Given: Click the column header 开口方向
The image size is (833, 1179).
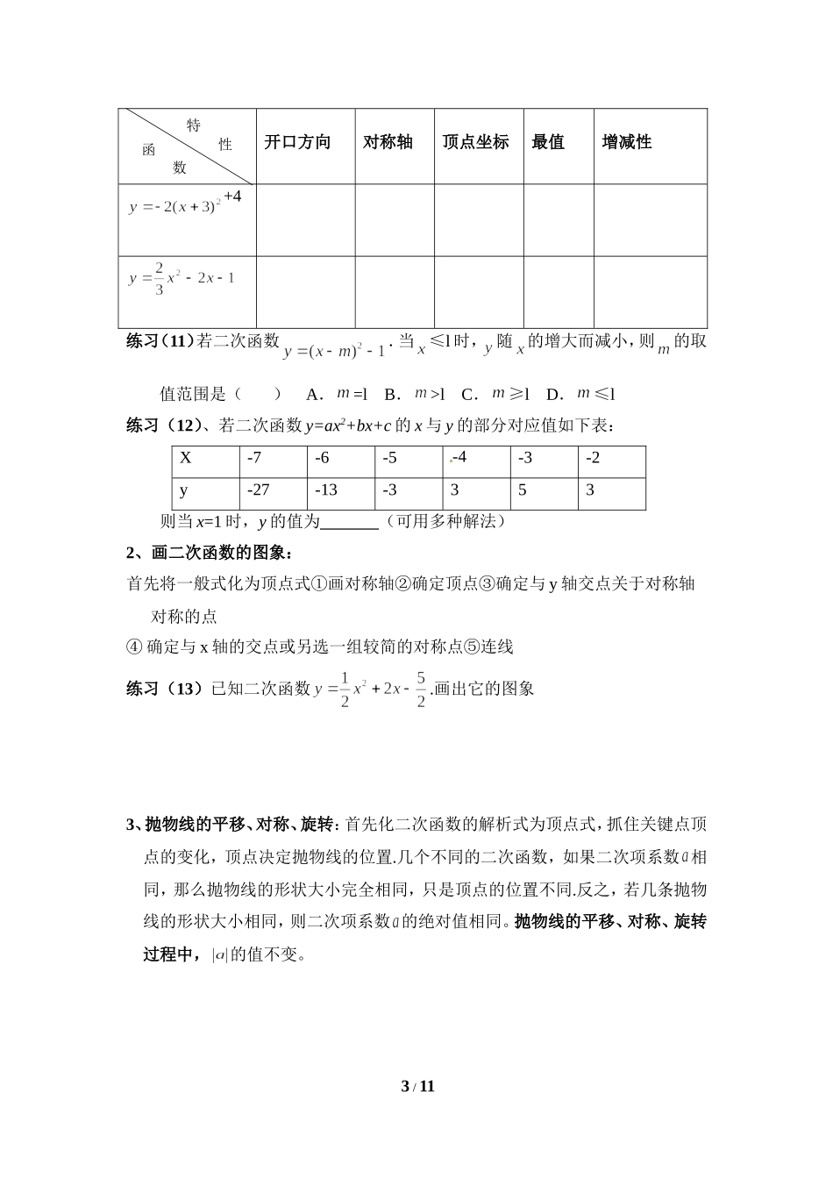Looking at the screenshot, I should coord(297,142).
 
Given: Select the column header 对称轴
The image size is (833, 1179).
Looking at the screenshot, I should coord(388,142).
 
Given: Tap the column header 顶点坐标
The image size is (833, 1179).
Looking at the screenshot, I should coord(475,142).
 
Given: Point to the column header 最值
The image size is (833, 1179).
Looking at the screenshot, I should coord(548,142).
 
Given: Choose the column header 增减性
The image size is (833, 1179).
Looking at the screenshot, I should coord(627,142).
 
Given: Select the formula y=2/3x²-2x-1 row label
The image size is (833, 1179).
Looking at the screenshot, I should coord(182,278).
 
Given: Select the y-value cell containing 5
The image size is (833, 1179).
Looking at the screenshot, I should coord(523,490).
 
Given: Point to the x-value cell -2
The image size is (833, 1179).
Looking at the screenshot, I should coord(593,458).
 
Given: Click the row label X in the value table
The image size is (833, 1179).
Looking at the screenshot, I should coord(185,458).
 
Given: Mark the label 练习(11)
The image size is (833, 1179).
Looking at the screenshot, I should coord(160,341).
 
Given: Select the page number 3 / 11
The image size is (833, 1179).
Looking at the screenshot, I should coord(417,1087).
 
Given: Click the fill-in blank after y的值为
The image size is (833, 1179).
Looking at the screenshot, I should coord(349,523).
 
